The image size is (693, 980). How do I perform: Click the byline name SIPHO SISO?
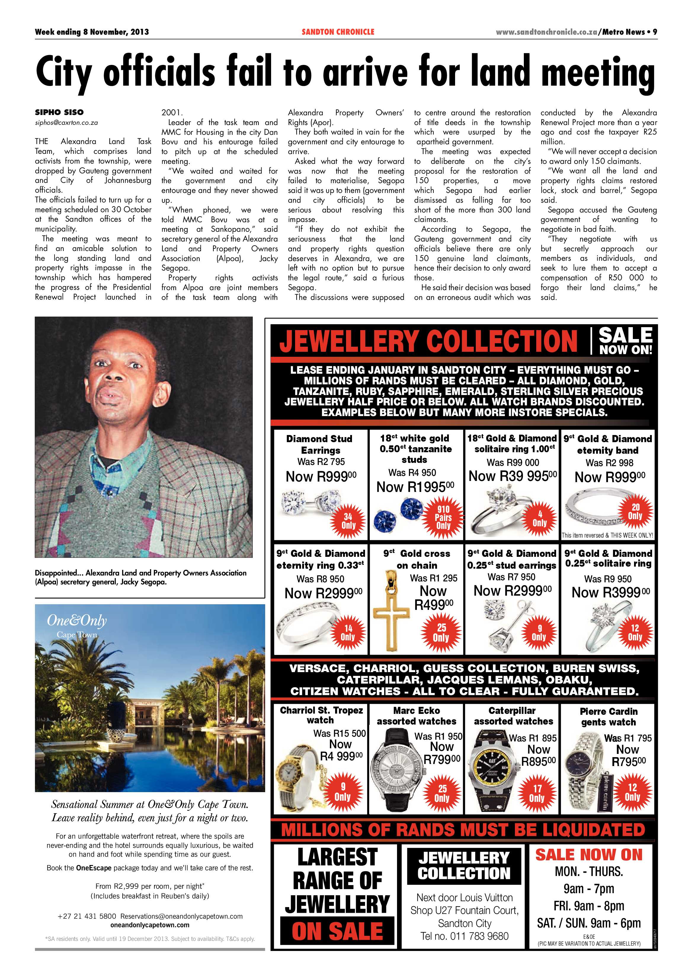click(x=59, y=112)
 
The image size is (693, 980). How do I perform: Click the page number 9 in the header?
click(x=654, y=32)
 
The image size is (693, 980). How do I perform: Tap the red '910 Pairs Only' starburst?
click(x=443, y=517)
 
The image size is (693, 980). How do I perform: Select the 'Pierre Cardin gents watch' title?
click(x=608, y=717)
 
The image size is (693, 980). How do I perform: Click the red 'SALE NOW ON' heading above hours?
click(x=589, y=855)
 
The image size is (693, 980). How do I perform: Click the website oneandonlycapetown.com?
click(x=150, y=925)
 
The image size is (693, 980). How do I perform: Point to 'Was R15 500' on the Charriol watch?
click(x=339, y=733)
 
